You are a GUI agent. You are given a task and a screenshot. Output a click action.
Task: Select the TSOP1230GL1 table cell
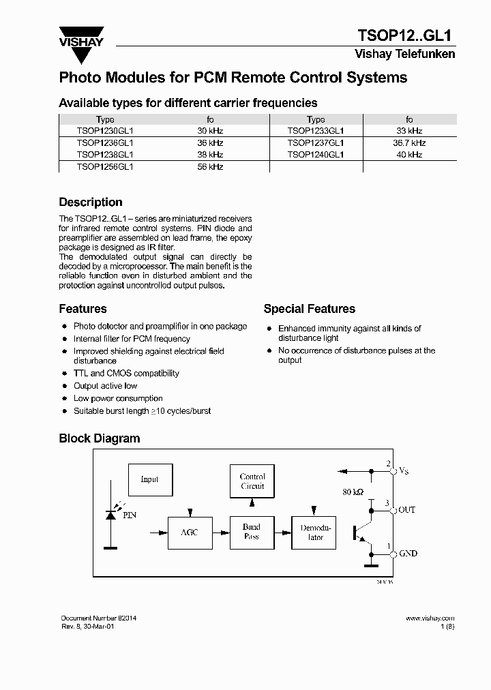pos(105,130)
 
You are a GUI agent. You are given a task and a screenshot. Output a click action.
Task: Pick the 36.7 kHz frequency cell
pos(409,142)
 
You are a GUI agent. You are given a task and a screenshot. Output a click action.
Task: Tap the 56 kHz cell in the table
pos(210,166)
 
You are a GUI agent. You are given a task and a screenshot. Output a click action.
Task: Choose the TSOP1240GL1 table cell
pos(316,155)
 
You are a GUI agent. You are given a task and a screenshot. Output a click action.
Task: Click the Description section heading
pos(91,202)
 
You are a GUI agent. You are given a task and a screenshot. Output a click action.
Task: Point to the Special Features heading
pos(309,309)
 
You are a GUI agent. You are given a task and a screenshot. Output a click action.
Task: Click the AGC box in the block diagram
pos(189,532)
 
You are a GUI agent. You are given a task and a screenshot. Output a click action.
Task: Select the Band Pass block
pos(252,532)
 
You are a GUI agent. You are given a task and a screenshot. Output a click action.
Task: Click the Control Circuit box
pos(252,481)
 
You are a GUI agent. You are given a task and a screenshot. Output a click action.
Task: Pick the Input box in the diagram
pos(149,479)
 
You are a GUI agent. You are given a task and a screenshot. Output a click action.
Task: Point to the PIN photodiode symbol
pos(111,515)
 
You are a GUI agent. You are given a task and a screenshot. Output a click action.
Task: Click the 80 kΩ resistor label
pos(353,491)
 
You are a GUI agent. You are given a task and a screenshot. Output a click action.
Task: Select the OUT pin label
pos(406,510)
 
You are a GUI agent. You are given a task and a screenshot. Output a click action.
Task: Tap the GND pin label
pos(408,554)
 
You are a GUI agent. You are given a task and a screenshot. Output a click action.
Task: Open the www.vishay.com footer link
pos(430,618)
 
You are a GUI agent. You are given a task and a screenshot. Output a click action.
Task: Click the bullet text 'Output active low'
pos(105,386)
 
